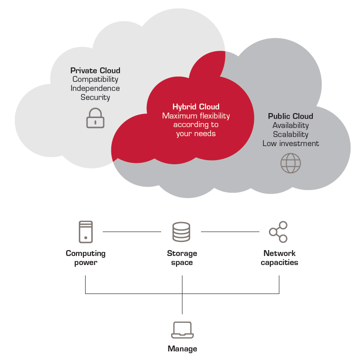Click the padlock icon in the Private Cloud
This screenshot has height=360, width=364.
click(95, 118)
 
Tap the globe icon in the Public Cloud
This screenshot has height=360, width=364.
click(291, 163)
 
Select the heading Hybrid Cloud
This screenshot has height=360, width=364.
click(196, 107)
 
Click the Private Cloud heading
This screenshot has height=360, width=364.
click(95, 71)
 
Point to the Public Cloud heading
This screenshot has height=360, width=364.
click(290, 116)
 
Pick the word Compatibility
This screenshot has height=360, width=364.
click(95, 80)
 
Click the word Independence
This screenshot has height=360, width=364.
click(95, 88)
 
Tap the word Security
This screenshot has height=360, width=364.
click(95, 97)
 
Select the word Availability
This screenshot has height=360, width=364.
click(290, 125)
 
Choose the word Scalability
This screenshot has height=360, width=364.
click(290, 134)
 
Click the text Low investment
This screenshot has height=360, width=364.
click(290, 143)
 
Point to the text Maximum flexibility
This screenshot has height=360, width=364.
click(196, 116)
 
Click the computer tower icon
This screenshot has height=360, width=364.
click(86, 232)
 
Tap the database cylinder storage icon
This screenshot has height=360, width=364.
click(181, 232)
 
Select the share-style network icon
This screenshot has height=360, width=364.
click(278, 232)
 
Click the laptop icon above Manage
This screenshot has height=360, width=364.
click(182, 330)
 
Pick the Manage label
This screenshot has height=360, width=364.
click(182, 349)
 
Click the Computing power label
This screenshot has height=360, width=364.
click(86, 258)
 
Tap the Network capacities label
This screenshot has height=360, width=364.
click(279, 258)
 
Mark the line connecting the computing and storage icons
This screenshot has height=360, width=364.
click(132, 232)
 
